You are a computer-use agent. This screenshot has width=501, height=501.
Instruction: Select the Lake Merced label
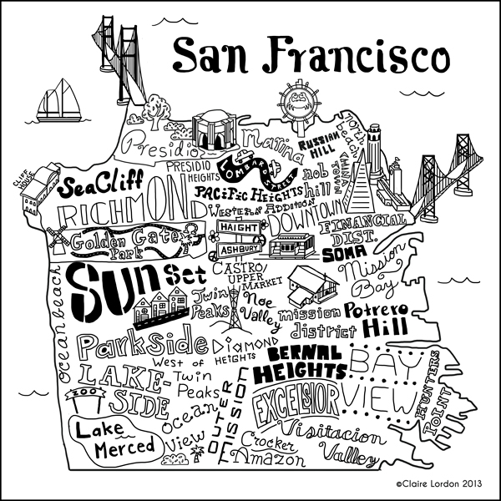click(114, 437)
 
